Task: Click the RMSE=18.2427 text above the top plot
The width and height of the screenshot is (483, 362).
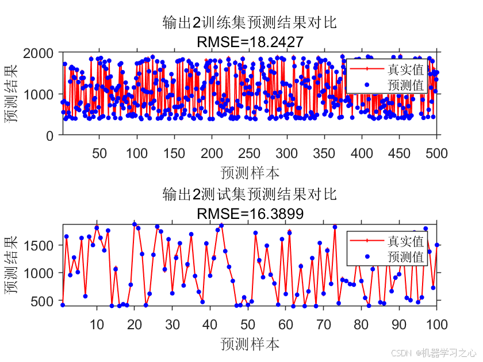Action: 250,42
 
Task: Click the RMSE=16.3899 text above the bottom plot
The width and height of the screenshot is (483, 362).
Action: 250,213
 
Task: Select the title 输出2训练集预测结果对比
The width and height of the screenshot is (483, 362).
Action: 250,22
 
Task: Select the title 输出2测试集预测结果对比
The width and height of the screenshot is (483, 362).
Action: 250,194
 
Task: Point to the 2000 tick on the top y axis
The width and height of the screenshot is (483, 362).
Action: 38,53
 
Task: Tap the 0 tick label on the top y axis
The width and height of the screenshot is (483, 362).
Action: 50,136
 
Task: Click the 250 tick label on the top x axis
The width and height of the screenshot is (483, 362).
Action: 249,153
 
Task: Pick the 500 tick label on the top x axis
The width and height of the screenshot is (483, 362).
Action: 436,153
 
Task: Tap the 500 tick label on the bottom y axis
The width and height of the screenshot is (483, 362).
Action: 42,301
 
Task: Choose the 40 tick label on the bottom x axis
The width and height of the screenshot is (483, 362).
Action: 210,325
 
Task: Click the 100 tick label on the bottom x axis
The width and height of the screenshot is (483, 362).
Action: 436,325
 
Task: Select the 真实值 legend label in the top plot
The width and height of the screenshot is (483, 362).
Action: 405,70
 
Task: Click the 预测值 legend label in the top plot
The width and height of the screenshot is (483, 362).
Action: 405,85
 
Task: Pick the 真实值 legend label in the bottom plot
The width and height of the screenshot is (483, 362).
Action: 405,241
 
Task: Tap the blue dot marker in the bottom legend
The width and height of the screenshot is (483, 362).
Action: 367,256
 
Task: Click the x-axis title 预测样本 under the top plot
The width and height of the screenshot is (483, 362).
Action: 250,173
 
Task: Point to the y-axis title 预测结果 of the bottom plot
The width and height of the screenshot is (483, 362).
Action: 11,265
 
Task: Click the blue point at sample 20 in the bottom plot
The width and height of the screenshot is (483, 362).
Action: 135,224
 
